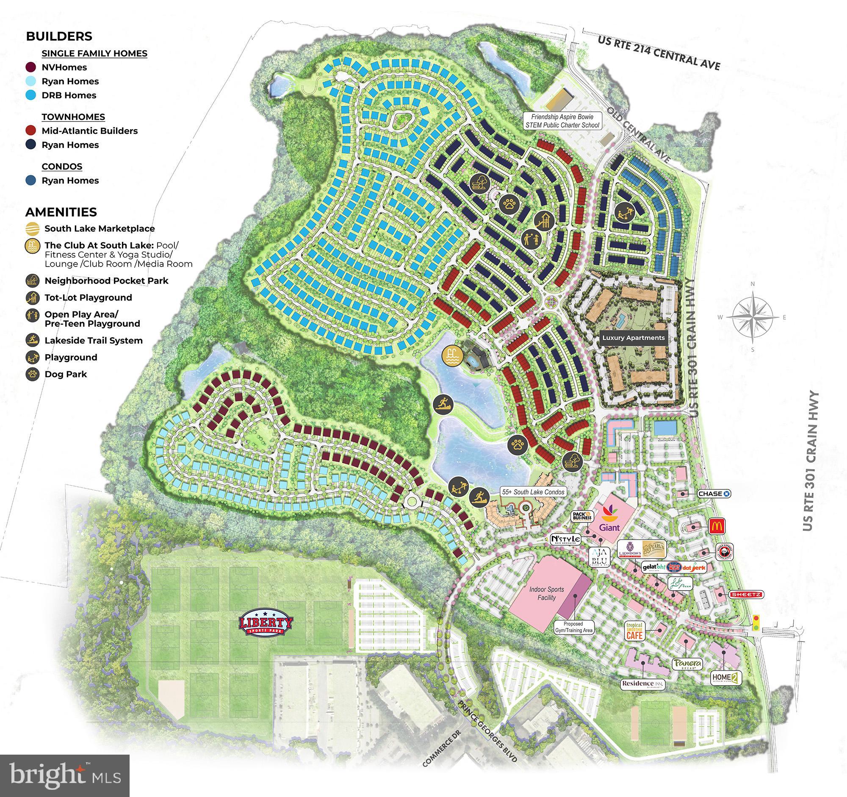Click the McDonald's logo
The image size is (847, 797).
[x=717, y=526]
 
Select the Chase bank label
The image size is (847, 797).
[x=714, y=494]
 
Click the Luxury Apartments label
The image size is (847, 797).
[x=633, y=338]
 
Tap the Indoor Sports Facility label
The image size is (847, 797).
[x=547, y=593]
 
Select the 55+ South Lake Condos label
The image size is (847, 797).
[x=533, y=492]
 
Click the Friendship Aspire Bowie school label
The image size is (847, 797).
[x=562, y=121]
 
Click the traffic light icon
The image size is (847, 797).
[x=756, y=623]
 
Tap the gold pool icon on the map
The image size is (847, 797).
[x=451, y=355]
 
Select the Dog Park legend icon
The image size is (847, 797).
[x=32, y=374]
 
